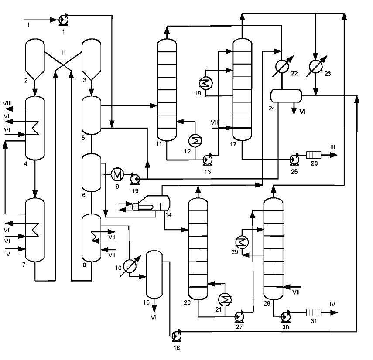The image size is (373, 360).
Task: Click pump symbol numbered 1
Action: coord(64,19)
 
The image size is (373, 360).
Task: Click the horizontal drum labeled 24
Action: coord(286,96)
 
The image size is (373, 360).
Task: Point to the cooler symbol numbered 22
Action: coord(282,67)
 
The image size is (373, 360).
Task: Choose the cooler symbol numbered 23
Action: coord(316,67)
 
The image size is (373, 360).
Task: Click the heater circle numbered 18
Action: coord(206,83)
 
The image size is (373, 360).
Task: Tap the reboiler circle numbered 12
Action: coord(195,141)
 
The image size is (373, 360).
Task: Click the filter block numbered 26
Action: coord(314,155)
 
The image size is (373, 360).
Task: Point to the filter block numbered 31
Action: coord(314,312)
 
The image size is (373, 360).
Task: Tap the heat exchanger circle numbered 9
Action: coord(117,174)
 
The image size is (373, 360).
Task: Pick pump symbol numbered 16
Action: coord(177,336)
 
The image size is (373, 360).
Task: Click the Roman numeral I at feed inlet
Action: coord(28,25)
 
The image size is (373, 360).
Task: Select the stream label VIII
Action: coord(7,103)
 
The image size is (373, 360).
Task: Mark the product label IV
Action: coord(332,304)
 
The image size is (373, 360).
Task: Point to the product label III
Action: coord(332,147)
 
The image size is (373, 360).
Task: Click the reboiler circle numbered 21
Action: coord(225,299)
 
